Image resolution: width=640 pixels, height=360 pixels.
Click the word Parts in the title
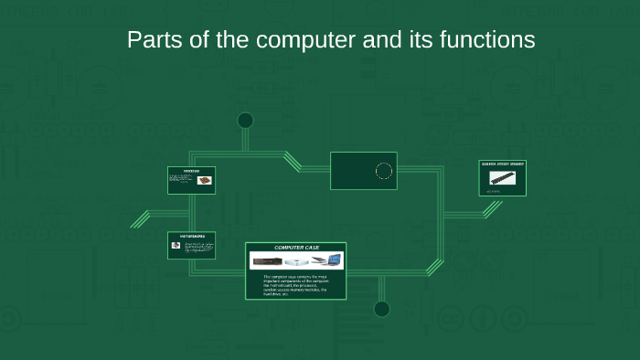[x=149, y=40]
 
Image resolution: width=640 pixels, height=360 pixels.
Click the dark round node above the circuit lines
[x=245, y=121]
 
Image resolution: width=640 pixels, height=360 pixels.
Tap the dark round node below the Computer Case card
[x=382, y=309]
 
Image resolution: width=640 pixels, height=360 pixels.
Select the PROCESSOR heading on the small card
[x=191, y=170]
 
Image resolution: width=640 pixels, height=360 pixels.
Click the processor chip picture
[x=204, y=180]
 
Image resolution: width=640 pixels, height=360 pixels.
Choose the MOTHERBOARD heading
[x=191, y=237]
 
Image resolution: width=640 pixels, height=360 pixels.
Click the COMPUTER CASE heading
[x=296, y=249]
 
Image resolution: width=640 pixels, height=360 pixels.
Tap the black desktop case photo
[x=269, y=261]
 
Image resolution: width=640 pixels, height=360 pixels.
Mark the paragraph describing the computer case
[x=294, y=284]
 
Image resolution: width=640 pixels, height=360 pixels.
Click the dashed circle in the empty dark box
[x=384, y=171]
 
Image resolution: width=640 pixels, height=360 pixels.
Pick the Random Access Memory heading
[x=503, y=164]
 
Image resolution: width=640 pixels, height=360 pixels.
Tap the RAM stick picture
[x=501, y=178]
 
